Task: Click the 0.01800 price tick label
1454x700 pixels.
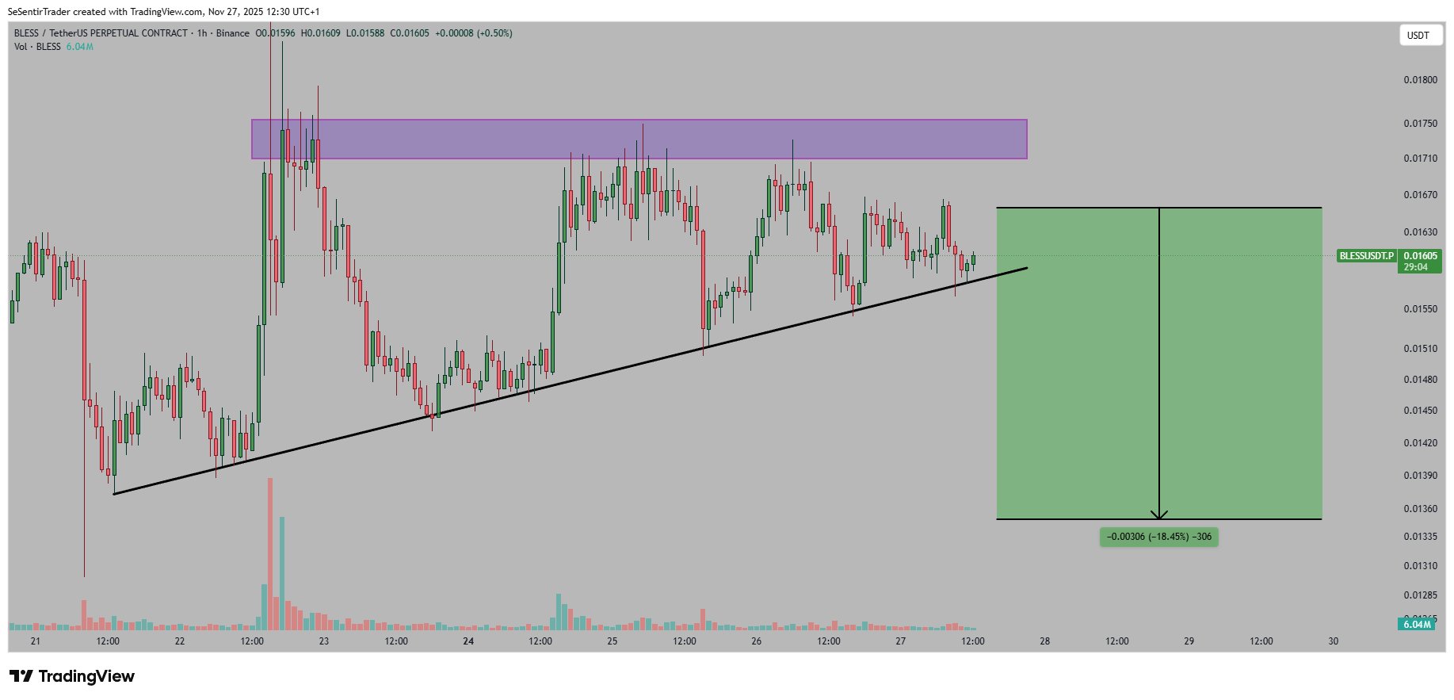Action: [1420, 80]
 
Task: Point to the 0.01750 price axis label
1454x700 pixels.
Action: [1420, 124]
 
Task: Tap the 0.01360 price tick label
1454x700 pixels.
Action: [1420, 509]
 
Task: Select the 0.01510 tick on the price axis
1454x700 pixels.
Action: [1420, 349]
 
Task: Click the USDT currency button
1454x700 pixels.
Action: [1418, 36]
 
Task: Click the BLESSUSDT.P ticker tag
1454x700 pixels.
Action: [1366, 256]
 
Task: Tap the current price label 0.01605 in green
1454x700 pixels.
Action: [1420, 256]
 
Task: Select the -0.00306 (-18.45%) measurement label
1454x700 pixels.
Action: [1158, 537]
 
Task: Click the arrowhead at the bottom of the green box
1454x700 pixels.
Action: [1159, 515]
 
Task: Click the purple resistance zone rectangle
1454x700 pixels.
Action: [639, 140]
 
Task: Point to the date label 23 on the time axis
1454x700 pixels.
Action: [324, 641]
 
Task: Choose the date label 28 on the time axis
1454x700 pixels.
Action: [1045, 641]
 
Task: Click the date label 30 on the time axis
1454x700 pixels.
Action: [1334, 641]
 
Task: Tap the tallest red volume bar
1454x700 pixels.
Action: [270, 555]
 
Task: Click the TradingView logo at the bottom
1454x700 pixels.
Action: [72, 676]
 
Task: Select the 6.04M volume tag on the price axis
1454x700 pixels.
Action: [1417, 625]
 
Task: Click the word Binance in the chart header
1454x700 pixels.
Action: [232, 33]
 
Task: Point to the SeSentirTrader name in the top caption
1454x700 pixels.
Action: [40, 12]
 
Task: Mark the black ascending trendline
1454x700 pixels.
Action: [571, 381]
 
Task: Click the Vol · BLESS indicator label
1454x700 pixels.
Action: [37, 47]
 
